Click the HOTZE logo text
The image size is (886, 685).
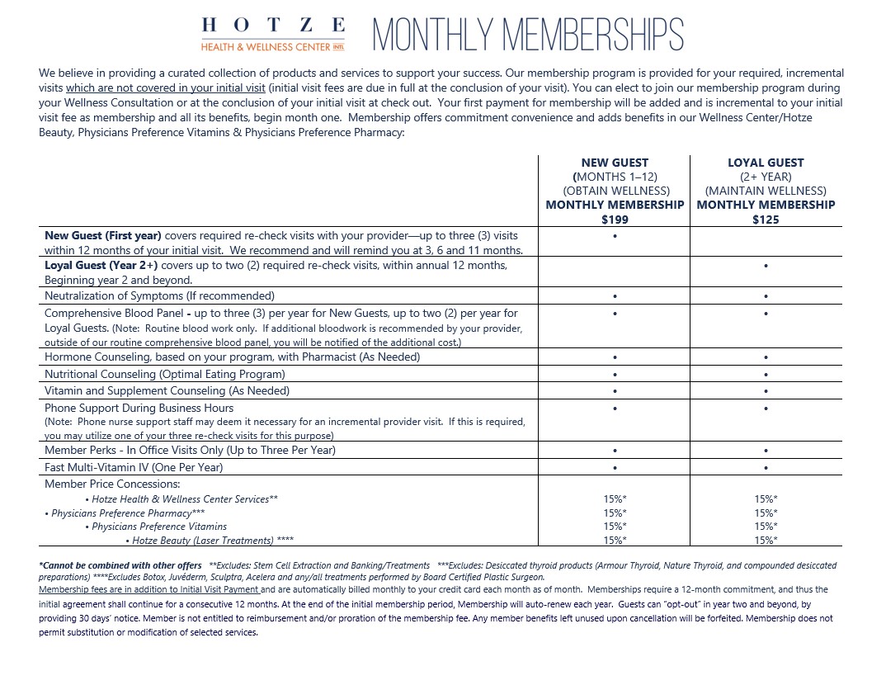(273, 26)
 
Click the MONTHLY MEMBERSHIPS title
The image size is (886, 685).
(528, 35)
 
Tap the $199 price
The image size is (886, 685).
(615, 220)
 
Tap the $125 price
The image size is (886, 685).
(766, 220)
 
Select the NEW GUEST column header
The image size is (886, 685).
(615, 163)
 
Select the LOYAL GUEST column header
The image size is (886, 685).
(766, 163)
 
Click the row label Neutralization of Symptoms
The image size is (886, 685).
(159, 295)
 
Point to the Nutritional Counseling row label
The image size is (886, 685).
(164, 374)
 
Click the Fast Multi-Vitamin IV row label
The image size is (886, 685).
(134, 467)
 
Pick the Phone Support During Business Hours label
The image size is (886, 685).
(139, 408)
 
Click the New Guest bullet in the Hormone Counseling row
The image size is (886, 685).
(615, 358)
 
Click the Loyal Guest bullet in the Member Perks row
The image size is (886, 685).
(766, 451)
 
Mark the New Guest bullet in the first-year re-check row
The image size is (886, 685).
(615, 236)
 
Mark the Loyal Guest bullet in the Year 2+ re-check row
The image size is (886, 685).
(766, 267)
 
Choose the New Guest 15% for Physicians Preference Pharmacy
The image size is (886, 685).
(615, 513)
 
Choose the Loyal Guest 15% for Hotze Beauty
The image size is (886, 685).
(766, 541)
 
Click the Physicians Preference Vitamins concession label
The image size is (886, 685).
(158, 527)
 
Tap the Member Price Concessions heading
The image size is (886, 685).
(112, 484)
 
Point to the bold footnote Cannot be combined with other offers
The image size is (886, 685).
(120, 565)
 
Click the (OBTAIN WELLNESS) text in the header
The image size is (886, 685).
(615, 191)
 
